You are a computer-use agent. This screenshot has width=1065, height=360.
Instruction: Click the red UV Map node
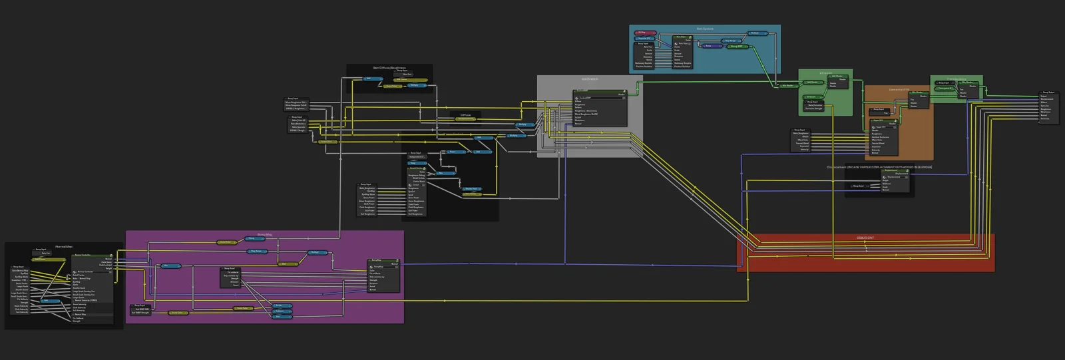click(x=645, y=33)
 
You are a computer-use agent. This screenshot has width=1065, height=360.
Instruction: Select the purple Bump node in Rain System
click(x=712, y=46)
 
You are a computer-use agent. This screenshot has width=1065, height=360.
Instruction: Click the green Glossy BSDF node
click(x=738, y=47)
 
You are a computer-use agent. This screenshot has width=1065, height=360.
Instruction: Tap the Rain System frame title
click(x=704, y=29)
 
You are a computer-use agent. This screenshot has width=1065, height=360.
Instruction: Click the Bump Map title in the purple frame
click(x=264, y=235)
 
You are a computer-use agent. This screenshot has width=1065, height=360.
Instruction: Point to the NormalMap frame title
click(x=64, y=246)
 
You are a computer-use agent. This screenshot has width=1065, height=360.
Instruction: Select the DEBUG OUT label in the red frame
click(x=865, y=238)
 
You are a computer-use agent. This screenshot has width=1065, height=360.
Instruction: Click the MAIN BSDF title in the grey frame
click(x=589, y=79)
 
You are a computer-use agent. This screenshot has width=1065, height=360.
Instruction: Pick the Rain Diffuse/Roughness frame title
click(x=389, y=68)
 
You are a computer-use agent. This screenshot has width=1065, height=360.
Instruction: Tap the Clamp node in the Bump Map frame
click(x=255, y=239)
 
